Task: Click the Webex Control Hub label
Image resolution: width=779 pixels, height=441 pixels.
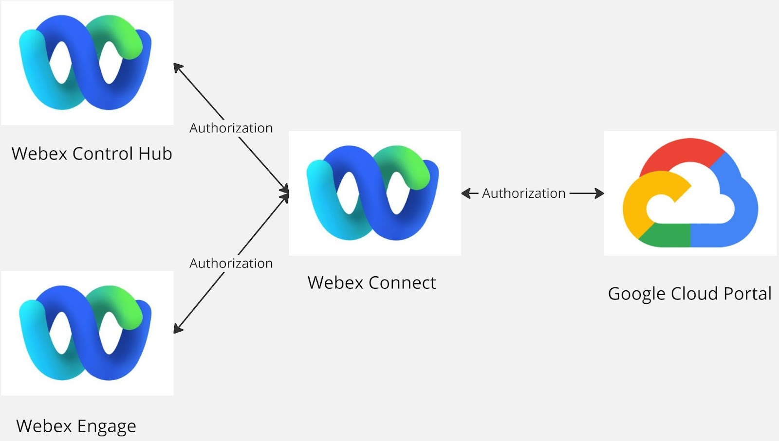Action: click(x=92, y=154)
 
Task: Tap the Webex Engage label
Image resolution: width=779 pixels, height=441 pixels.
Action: click(x=76, y=426)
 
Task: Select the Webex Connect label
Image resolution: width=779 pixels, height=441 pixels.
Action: click(x=371, y=282)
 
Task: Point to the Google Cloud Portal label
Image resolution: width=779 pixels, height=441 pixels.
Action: click(x=689, y=294)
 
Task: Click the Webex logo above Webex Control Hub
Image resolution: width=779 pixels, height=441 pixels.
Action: click(x=86, y=62)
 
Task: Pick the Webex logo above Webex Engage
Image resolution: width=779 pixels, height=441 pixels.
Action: click(x=86, y=333)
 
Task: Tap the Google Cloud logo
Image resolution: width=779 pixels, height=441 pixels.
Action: click(x=690, y=193)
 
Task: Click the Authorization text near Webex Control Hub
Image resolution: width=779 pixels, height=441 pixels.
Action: click(x=231, y=128)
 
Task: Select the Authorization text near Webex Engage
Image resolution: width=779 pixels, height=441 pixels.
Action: click(x=231, y=263)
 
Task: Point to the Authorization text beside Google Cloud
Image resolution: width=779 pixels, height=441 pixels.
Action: click(x=523, y=193)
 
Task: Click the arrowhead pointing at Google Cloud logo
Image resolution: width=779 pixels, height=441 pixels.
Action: click(x=599, y=194)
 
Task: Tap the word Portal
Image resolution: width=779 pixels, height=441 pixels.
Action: click(x=747, y=294)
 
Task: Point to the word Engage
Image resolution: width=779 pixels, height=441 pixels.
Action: click(x=107, y=426)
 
